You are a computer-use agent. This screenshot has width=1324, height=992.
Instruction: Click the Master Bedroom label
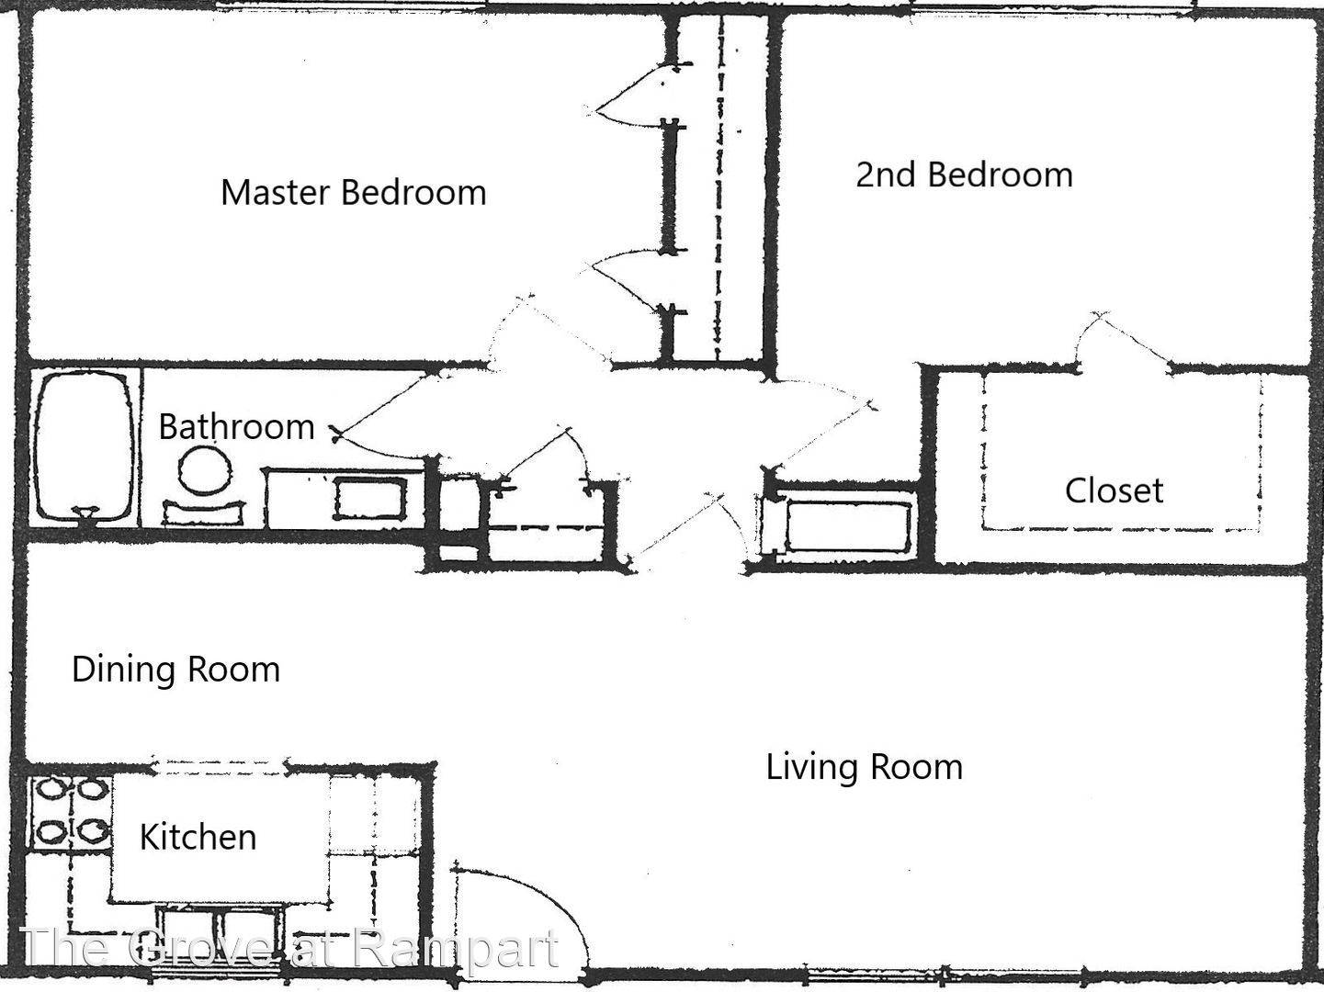coord(354,192)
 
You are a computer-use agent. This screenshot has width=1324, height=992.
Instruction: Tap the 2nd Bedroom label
coord(964,175)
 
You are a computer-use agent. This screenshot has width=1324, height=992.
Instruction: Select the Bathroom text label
coord(236,427)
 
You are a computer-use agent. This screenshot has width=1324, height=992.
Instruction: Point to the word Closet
coord(1114,490)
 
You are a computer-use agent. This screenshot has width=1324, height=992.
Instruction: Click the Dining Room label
coord(175,670)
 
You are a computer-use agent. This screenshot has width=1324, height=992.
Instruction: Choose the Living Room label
coord(864,767)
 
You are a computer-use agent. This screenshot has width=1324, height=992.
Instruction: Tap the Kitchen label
coord(198,837)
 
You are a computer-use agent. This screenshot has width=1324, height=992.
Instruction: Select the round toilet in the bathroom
coord(205,471)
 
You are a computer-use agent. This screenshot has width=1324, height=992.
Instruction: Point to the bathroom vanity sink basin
coord(369,498)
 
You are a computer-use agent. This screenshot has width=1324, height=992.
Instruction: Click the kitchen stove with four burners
coord(70,812)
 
